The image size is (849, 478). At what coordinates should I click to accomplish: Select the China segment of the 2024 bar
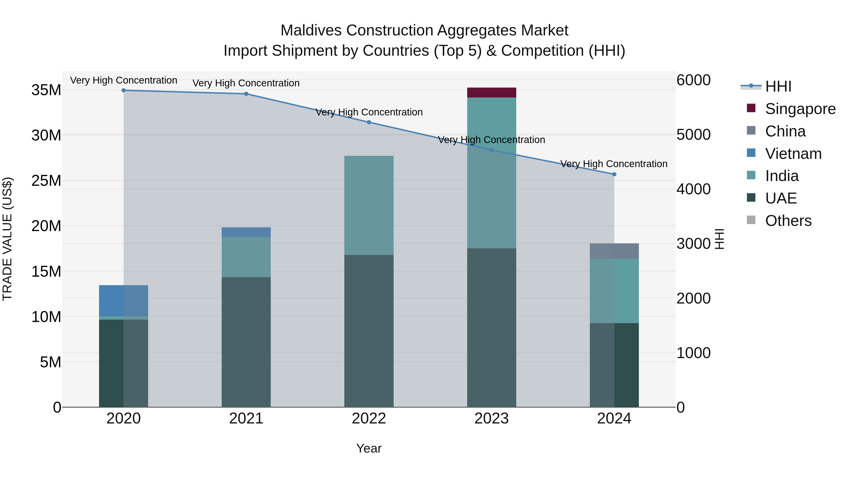point(614,251)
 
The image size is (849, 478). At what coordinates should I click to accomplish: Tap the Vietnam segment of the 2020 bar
point(123,300)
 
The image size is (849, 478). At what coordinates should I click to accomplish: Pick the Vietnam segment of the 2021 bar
point(246,232)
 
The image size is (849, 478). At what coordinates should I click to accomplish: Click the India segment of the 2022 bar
point(369,205)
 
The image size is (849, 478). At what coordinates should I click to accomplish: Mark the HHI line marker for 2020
point(124,90)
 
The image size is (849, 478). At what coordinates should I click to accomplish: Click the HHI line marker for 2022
point(369,122)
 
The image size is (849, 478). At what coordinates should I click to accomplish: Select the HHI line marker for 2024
point(614,174)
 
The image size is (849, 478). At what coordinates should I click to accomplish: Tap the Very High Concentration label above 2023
point(491,140)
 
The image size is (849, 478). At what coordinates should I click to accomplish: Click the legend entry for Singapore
point(800,109)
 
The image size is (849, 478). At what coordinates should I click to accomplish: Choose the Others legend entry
point(788,221)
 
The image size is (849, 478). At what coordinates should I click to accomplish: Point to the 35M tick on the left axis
point(46,90)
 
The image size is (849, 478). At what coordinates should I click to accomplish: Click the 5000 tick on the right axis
point(693,135)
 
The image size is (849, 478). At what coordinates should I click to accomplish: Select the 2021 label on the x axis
point(246,419)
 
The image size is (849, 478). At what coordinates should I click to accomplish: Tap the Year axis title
point(369,448)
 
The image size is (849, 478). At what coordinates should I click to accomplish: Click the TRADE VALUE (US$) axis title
point(7,239)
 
